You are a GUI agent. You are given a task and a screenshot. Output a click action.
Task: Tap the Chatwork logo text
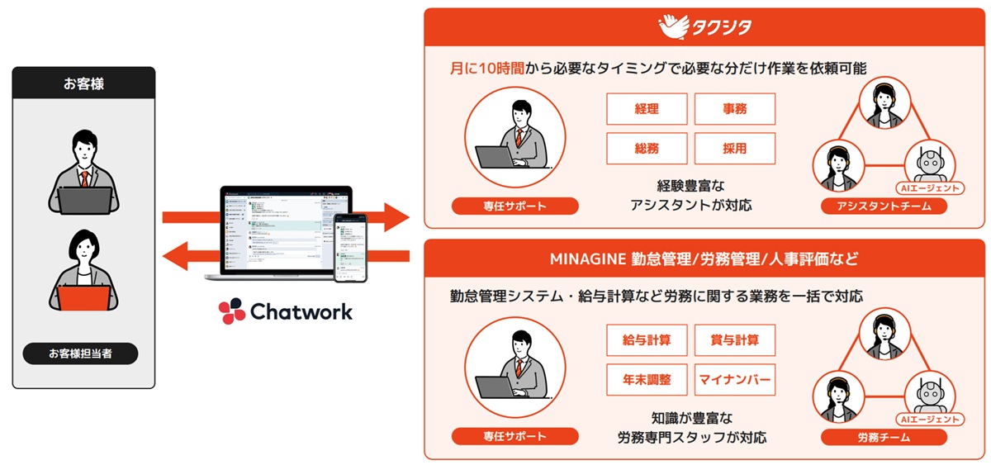click(285, 311)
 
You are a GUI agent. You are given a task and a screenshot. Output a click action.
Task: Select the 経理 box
click(647, 109)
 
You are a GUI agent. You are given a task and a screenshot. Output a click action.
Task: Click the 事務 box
click(735, 109)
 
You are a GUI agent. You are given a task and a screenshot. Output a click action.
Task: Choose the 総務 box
click(647, 149)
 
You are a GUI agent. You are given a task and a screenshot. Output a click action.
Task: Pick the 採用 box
click(735, 149)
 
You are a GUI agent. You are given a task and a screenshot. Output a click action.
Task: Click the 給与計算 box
click(647, 339)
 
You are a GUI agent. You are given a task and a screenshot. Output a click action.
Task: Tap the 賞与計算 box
click(735, 339)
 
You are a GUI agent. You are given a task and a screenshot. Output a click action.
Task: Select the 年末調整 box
click(647, 380)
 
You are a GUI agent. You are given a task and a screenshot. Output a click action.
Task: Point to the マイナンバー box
click(735, 380)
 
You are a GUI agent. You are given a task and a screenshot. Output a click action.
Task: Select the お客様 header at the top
click(83, 83)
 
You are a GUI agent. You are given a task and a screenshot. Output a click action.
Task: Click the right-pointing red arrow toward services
click(388, 218)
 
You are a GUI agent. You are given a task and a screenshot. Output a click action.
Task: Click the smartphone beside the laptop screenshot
click(349, 247)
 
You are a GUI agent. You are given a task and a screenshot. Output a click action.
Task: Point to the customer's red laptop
click(83, 295)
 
